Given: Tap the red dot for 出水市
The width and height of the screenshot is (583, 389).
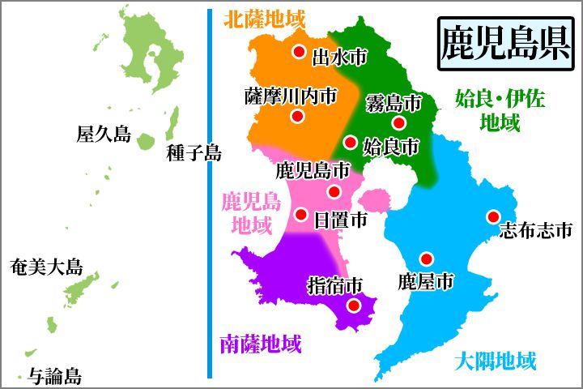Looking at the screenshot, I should (299, 53).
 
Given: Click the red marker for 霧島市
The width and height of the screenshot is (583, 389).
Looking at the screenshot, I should (398, 122).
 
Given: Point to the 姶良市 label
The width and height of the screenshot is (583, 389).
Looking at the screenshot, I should (390, 147).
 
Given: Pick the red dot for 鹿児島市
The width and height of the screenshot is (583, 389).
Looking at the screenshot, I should (334, 192).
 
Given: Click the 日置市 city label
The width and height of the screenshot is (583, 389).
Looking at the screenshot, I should (340, 219).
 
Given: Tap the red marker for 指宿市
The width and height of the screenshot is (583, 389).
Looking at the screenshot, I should (353, 306).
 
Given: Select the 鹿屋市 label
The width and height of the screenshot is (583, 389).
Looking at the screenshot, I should (425, 281).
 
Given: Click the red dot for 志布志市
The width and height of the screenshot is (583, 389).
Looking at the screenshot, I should (492, 216).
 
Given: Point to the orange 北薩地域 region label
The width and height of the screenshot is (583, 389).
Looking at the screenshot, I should (264, 16).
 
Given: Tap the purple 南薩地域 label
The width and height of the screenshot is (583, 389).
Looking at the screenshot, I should (260, 344).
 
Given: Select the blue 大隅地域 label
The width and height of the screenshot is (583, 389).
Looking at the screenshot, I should (495, 359).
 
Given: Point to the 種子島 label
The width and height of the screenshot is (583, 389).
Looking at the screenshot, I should (192, 152).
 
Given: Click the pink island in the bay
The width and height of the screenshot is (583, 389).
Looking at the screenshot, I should (374, 199).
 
